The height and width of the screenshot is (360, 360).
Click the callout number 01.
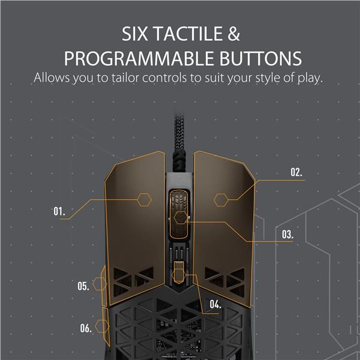pyautogui.click(x=59, y=211)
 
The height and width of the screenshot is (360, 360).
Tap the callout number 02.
pyautogui.click(x=296, y=172)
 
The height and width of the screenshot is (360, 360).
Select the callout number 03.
pyautogui.click(x=287, y=235)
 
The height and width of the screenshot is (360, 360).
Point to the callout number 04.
pyautogui.click(x=215, y=304)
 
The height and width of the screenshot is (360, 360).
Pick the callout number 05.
pyautogui.click(x=83, y=286)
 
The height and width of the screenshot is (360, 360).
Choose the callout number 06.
pyautogui.click(x=86, y=328)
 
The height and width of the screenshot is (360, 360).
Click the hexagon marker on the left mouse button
pyautogui.click(x=144, y=200)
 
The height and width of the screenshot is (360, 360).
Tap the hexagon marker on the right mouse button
pyautogui.click(x=221, y=200)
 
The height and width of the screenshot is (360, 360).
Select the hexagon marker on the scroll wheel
pyautogui.click(x=181, y=218)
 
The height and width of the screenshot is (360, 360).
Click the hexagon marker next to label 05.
pyautogui.click(x=100, y=284)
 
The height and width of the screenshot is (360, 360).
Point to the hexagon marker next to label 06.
pyautogui.click(x=102, y=326)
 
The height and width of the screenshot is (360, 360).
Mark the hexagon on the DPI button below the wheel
pyautogui.click(x=179, y=275)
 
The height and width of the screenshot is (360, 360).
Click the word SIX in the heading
pyautogui.click(x=134, y=34)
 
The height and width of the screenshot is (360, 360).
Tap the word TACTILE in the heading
pyautogui.click(x=188, y=34)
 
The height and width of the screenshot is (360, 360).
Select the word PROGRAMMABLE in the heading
pyautogui.click(x=139, y=58)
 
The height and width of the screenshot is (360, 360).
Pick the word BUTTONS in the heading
pyautogui.click(x=260, y=58)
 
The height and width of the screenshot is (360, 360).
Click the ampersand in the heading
pyautogui.click(x=234, y=34)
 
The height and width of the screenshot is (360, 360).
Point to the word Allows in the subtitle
pyautogui.click(x=52, y=77)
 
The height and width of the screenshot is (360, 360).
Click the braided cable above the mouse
pyautogui.click(x=179, y=142)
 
